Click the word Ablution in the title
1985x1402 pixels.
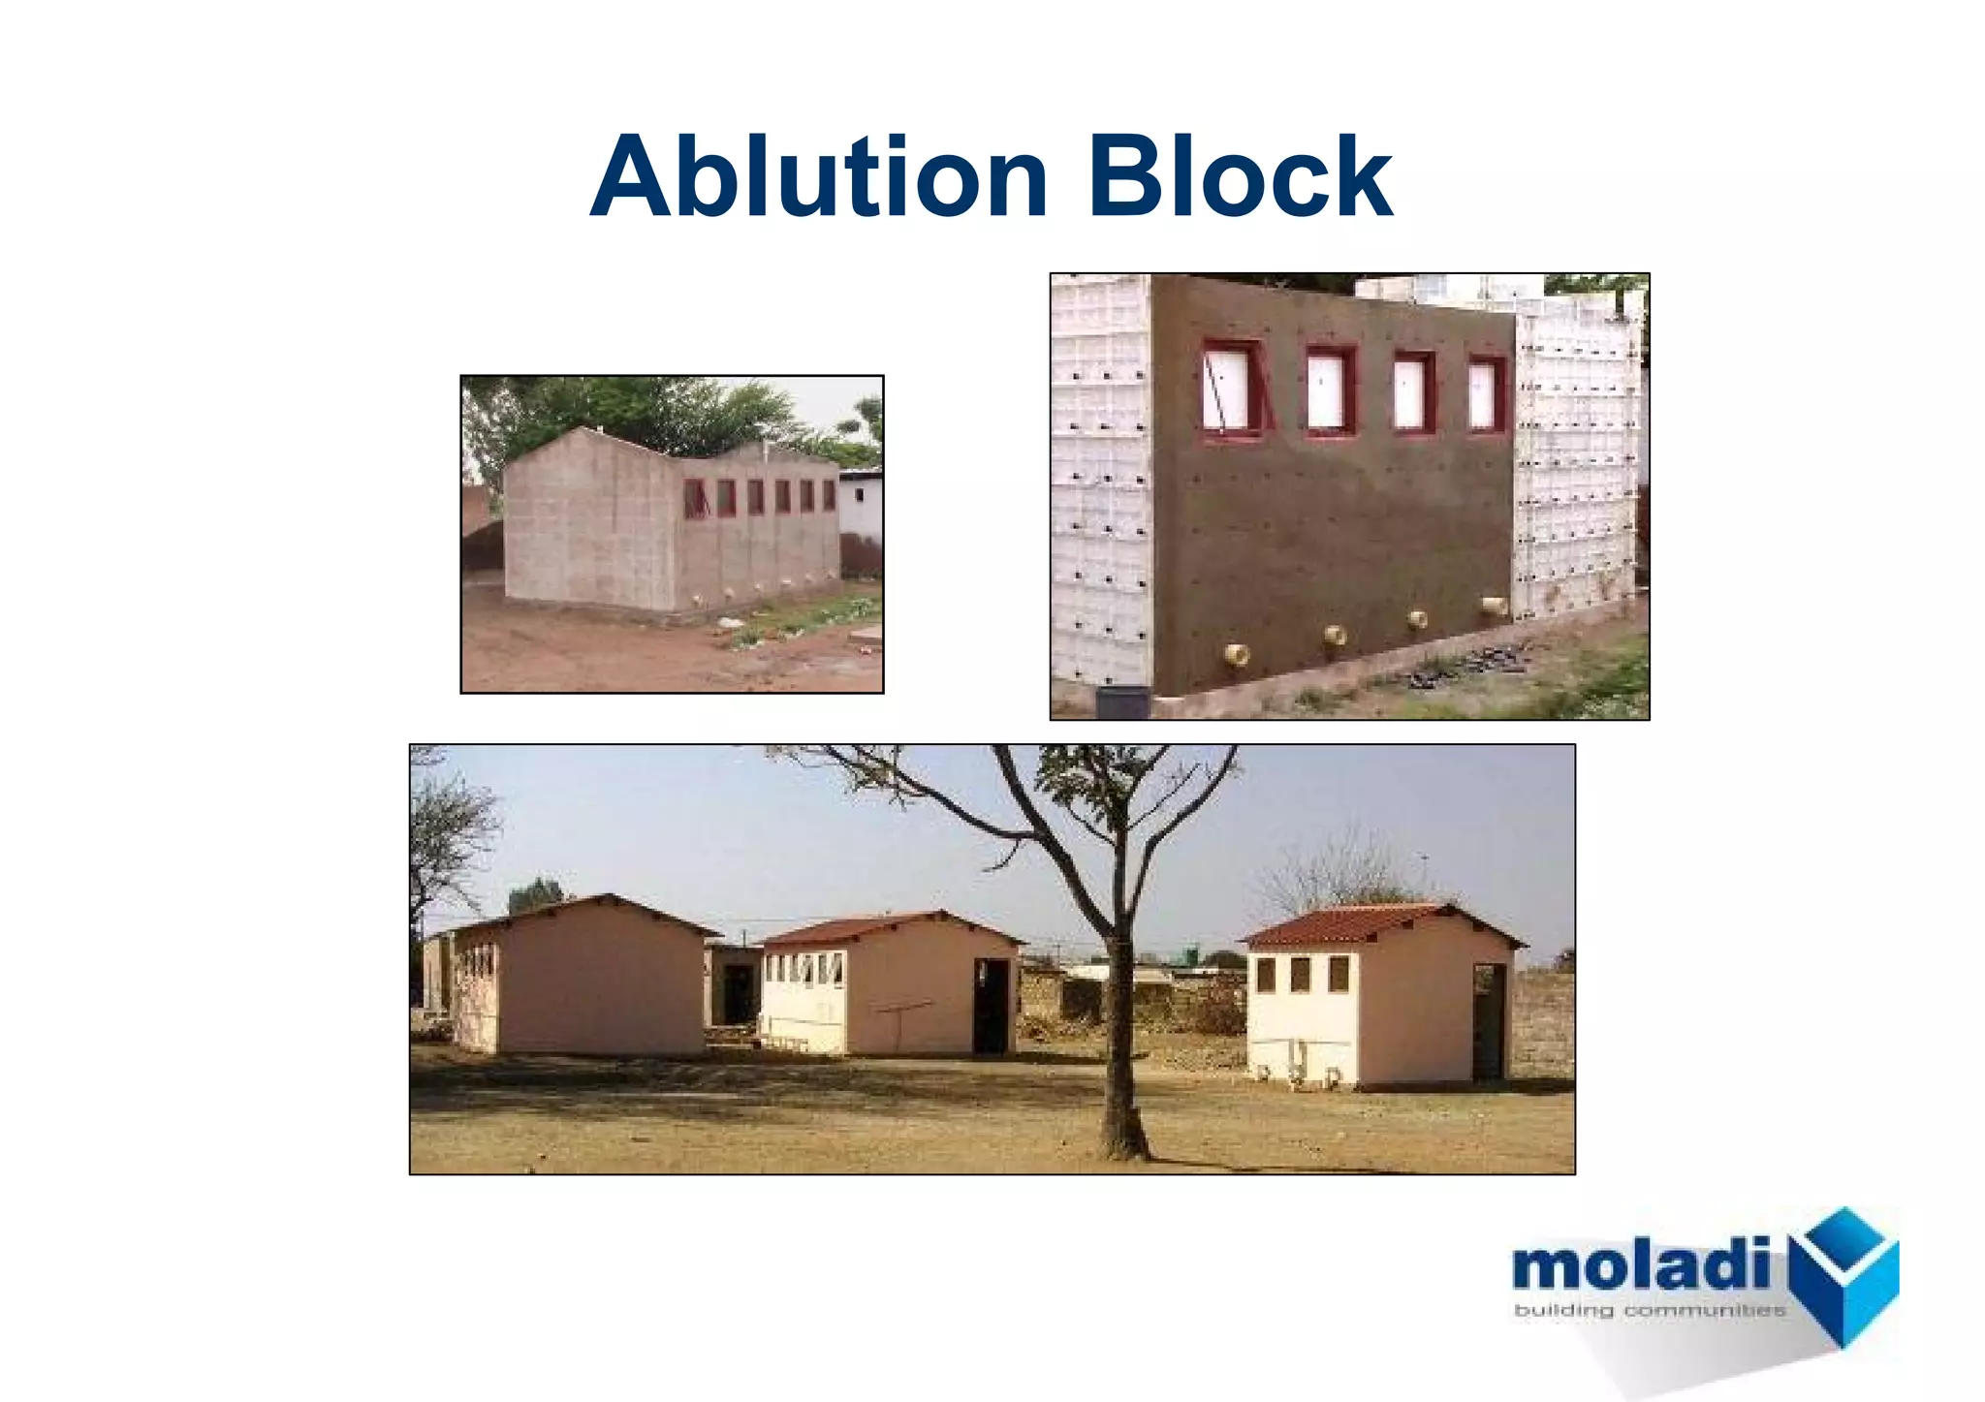coord(819,178)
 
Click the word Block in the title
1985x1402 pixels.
coord(1240,178)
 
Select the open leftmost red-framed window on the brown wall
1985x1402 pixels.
coord(1233,389)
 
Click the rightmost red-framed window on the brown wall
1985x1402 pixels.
coord(1485,393)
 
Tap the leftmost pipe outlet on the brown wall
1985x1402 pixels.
coord(1236,655)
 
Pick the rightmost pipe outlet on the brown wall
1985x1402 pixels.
coord(1494,608)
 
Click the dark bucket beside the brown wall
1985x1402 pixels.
coord(1122,701)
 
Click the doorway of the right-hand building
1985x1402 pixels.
coord(1489,1021)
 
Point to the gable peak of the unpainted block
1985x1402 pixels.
coord(580,430)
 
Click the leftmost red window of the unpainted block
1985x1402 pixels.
coord(694,498)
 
